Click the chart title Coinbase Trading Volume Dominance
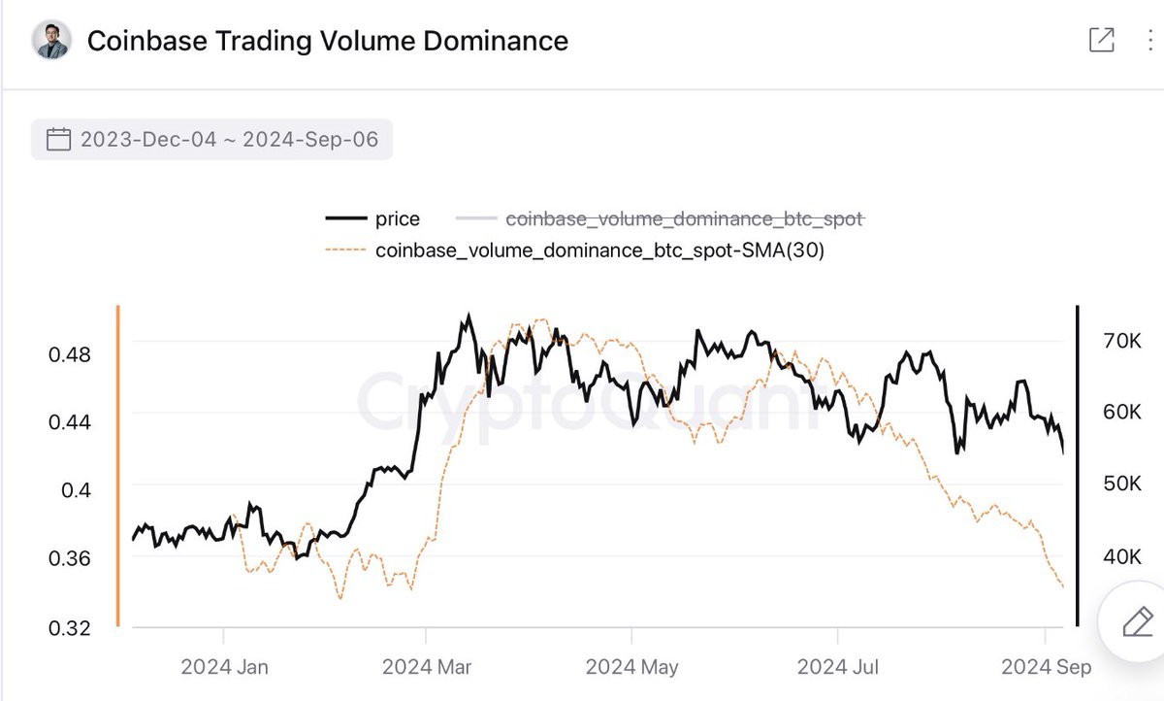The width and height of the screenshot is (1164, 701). tap(327, 41)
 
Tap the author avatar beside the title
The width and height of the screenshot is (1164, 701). tap(51, 40)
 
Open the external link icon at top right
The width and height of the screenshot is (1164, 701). tap(1101, 40)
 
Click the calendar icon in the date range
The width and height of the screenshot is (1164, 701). tap(59, 141)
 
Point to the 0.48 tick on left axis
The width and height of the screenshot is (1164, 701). tap(69, 354)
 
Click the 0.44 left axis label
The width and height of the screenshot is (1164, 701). tap(69, 422)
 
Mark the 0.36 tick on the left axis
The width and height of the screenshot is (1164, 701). tap(69, 559)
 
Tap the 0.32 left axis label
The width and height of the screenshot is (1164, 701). tap(69, 628)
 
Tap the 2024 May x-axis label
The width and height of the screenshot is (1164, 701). tap(631, 667)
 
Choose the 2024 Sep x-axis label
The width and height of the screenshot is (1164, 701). tap(1046, 667)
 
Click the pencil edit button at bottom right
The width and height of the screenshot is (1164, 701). tap(1135, 621)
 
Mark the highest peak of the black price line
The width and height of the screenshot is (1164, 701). tap(469, 316)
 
